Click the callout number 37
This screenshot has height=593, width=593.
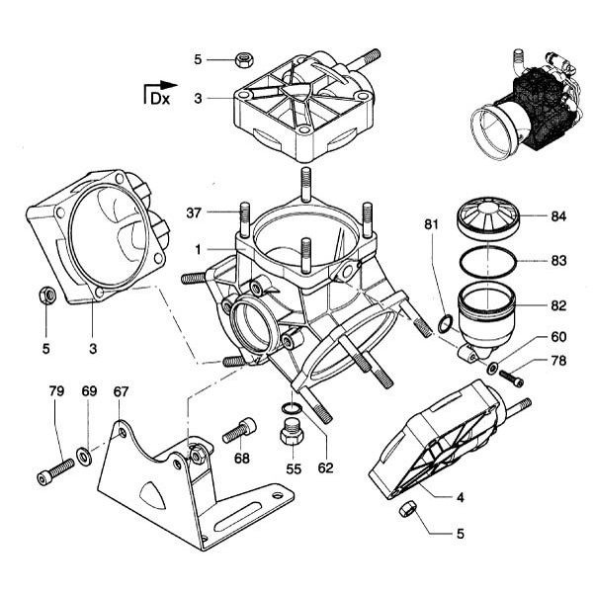195,212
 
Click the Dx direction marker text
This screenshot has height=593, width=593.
158,98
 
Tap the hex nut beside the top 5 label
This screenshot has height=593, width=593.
243,59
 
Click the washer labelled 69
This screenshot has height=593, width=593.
84,456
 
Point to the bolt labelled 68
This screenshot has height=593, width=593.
239,431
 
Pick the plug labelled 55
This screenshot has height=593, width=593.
291,432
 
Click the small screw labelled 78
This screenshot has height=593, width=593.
511,377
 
